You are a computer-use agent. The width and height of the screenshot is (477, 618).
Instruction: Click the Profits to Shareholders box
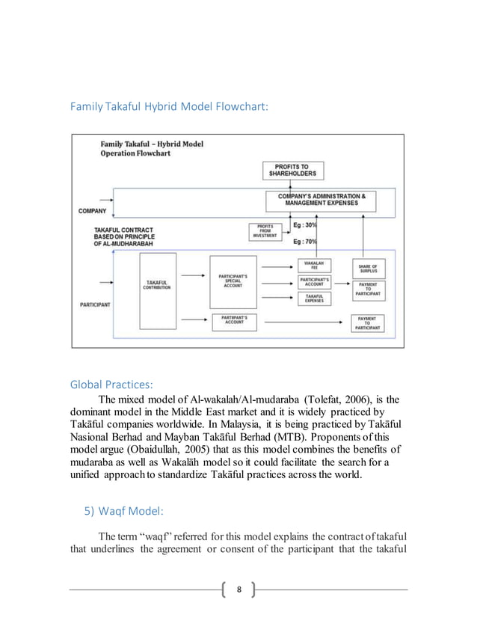(x=293, y=171)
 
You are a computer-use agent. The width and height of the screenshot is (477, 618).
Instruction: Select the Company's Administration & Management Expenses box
(x=322, y=200)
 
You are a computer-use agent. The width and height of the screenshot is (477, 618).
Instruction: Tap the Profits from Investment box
(x=264, y=231)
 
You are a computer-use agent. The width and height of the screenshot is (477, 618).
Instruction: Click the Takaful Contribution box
(x=157, y=284)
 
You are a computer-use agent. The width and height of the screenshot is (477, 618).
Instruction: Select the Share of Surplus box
(x=368, y=268)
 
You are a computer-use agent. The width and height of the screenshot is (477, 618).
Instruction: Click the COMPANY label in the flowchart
(x=92, y=211)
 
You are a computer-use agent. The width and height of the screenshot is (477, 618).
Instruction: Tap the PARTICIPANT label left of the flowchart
(x=95, y=305)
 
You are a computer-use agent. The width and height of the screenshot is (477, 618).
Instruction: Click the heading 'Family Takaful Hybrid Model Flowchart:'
(x=169, y=108)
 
